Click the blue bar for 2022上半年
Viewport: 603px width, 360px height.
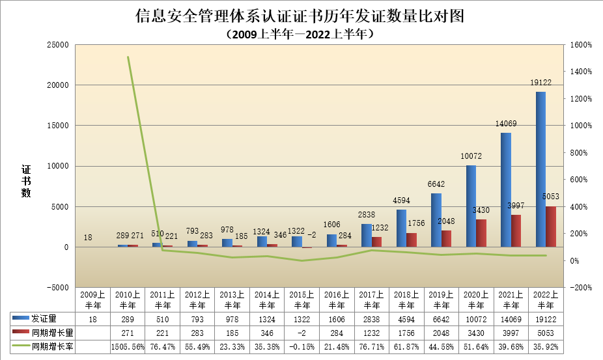[540, 169]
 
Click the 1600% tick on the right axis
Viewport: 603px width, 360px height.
[580, 45]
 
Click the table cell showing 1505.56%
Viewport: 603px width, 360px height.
[128, 347]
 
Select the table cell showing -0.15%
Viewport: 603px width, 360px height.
[302, 347]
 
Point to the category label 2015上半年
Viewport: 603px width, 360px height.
[302, 299]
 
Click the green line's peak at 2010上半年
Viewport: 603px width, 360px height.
[128, 57]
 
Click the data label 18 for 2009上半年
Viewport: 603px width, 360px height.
[88, 238]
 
